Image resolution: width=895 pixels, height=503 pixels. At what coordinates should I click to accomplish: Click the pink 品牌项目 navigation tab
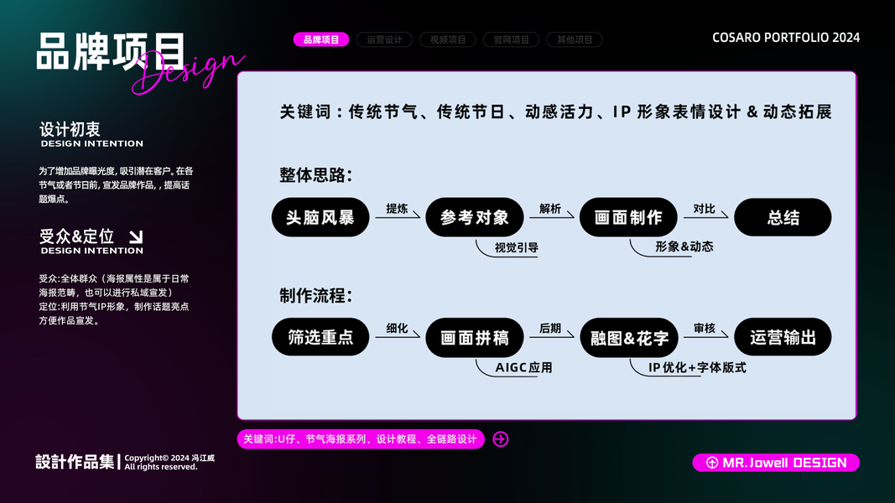[x=321, y=39]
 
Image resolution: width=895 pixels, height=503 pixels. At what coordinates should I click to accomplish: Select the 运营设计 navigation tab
[x=385, y=39]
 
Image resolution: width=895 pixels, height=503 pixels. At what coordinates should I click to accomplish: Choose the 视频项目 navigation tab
[x=448, y=39]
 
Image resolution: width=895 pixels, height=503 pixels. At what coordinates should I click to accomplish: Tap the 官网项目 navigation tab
[x=512, y=39]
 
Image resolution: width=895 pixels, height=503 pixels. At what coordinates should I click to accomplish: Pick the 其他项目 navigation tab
[x=575, y=39]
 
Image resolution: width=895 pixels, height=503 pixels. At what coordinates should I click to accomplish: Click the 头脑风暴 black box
[x=320, y=218]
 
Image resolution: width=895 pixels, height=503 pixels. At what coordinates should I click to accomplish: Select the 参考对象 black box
[x=475, y=218]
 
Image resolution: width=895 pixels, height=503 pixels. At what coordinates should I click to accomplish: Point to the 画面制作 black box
[x=629, y=218]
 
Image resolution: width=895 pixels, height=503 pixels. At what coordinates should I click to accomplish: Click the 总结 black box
[x=783, y=218]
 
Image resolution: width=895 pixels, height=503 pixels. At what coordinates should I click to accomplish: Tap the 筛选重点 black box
[x=320, y=338]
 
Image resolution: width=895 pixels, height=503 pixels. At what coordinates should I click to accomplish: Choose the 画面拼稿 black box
[x=475, y=338]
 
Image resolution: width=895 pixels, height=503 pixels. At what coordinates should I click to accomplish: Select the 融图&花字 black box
[x=629, y=338]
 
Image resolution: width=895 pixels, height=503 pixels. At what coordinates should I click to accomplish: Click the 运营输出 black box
[x=783, y=338]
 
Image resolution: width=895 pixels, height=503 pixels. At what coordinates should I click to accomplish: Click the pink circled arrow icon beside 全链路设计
[x=501, y=439]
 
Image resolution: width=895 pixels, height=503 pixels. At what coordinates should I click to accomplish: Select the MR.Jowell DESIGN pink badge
[x=776, y=463]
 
